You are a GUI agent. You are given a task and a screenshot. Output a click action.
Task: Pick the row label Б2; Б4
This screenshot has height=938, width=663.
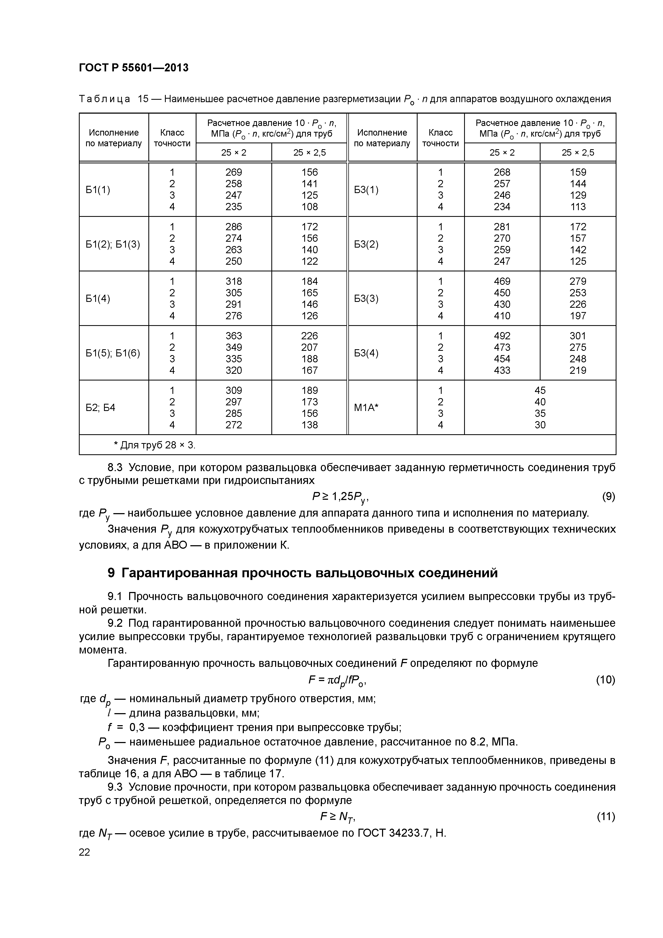coord(101,407)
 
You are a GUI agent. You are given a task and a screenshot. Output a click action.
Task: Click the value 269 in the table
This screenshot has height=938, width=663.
coord(234,172)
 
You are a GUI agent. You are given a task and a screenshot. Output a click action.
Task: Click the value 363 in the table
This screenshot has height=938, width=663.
coord(234,336)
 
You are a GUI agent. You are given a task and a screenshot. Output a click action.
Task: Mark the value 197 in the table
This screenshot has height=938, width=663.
coord(578,316)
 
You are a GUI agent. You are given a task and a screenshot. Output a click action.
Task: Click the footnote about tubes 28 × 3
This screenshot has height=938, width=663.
coord(155,445)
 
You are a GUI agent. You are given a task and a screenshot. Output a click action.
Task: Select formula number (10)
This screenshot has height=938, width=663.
coord(606,680)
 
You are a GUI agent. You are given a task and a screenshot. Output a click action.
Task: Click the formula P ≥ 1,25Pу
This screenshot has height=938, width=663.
coord(341,497)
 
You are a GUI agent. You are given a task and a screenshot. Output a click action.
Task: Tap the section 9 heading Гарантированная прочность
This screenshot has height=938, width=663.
coord(302,573)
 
